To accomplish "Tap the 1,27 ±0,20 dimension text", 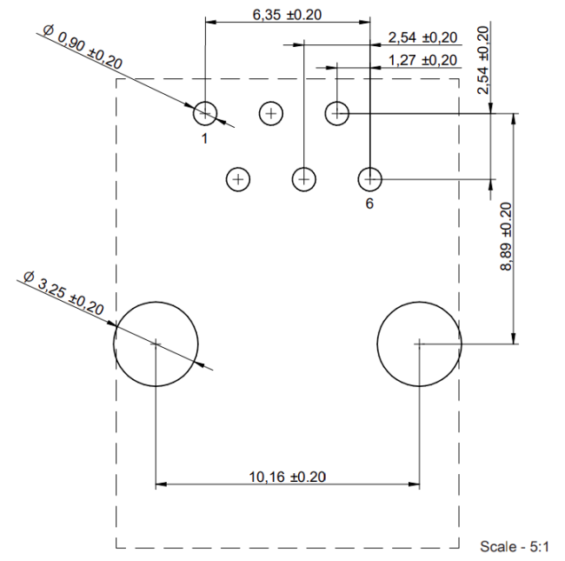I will [422, 60].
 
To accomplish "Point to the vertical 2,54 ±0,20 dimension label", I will [483, 58].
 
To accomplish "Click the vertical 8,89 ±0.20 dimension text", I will [507, 236].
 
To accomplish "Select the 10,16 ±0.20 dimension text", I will [288, 477].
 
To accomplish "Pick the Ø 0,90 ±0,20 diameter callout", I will [83, 50].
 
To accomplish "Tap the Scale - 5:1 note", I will [515, 546].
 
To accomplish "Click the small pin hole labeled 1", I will [205, 113].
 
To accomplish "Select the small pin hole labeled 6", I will [370, 179].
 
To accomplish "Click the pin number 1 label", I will [205, 137].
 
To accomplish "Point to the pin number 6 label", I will [369, 203].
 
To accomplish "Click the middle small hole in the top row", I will [272, 113].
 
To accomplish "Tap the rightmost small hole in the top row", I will [337, 113].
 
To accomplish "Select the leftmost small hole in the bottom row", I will [238, 179].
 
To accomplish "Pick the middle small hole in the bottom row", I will [303, 179].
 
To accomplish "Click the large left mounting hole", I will [156, 344].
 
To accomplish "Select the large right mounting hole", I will [419, 344].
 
